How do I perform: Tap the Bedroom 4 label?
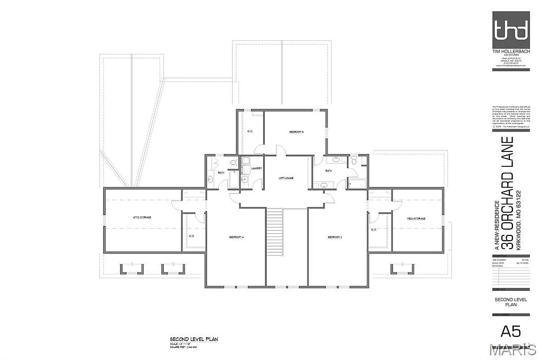coord(236,238)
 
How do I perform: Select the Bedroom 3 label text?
coord(335,238)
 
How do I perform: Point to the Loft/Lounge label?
coord(286,178)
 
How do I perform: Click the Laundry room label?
coord(257,168)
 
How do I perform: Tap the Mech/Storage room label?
coord(416,218)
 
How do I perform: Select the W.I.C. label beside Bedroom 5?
coord(250,131)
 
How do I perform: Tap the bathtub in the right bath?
coord(357,183)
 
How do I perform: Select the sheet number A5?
coord(510,331)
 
